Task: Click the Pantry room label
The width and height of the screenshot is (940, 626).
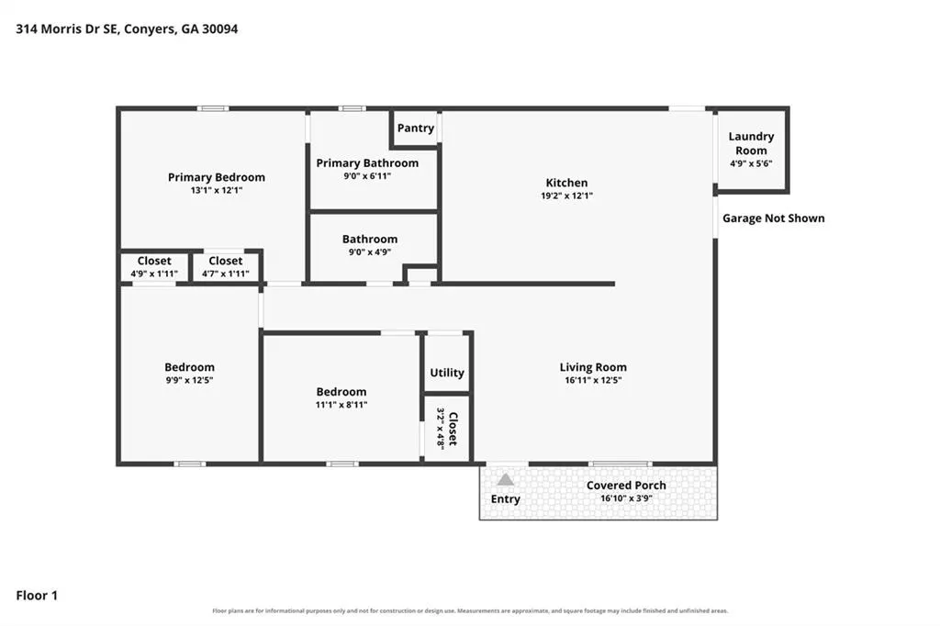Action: [416, 128]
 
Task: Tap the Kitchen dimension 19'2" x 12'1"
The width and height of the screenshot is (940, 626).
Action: [566, 196]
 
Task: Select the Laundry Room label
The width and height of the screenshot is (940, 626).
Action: [751, 143]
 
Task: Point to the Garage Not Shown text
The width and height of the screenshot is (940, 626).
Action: [773, 218]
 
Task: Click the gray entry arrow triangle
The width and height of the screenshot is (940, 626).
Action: [506, 480]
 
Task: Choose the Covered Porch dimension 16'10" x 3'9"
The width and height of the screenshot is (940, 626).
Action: [626, 498]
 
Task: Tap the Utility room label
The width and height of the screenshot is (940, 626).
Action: [447, 373]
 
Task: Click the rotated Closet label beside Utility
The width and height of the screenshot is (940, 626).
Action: [453, 429]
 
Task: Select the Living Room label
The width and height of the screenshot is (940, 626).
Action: [593, 367]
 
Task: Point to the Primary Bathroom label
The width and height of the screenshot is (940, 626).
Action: [367, 163]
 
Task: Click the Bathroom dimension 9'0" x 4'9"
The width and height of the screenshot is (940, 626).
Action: [369, 252]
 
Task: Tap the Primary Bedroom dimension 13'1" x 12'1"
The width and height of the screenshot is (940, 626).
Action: [217, 191]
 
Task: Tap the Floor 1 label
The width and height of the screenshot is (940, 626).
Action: [37, 596]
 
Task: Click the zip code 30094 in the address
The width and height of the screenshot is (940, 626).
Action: [219, 28]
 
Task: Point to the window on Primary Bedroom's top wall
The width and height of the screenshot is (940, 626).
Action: [213, 108]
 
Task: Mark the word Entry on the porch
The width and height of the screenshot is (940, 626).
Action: [506, 499]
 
